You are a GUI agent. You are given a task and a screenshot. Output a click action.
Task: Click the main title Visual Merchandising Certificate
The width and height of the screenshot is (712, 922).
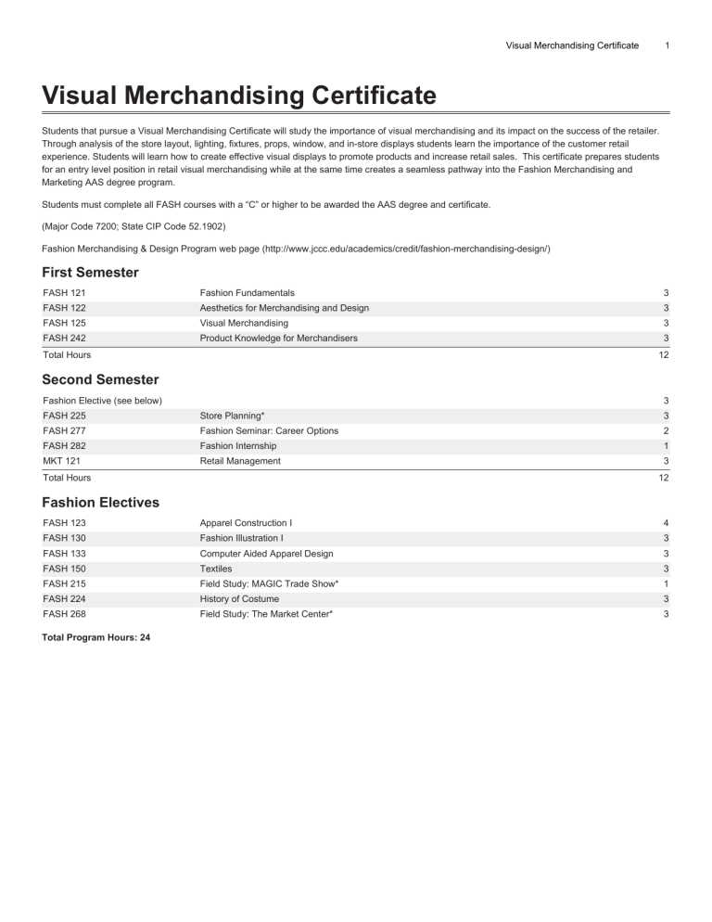[x=239, y=95]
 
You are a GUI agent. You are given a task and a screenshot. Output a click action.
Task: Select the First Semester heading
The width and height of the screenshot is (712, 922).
[x=91, y=272]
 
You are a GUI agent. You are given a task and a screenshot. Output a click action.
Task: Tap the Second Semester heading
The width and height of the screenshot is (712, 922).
[x=100, y=379]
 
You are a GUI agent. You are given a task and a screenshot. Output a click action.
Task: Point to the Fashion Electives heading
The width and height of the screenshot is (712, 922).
[x=101, y=502]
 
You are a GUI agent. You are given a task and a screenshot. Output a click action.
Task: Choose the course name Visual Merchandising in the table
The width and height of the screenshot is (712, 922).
[x=244, y=323]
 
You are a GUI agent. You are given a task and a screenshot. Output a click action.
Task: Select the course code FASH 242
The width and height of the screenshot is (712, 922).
[x=65, y=339]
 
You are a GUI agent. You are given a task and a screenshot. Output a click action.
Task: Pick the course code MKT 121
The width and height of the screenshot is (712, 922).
[x=62, y=461]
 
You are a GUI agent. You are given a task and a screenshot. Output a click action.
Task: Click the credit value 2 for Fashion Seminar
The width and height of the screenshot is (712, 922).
[x=666, y=430]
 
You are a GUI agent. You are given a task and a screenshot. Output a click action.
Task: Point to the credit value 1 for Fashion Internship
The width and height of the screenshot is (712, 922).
[x=666, y=446]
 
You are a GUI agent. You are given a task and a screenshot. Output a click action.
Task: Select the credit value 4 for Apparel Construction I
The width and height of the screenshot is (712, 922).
[x=666, y=523]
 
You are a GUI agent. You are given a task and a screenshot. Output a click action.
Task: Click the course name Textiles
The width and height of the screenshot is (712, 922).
[x=216, y=569]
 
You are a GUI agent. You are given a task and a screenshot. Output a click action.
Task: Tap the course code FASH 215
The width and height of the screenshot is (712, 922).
[x=65, y=583]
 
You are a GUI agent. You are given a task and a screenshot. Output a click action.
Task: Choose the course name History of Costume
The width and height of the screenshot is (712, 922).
[x=239, y=599]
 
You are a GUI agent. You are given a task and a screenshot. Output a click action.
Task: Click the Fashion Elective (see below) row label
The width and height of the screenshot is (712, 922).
[x=103, y=400]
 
